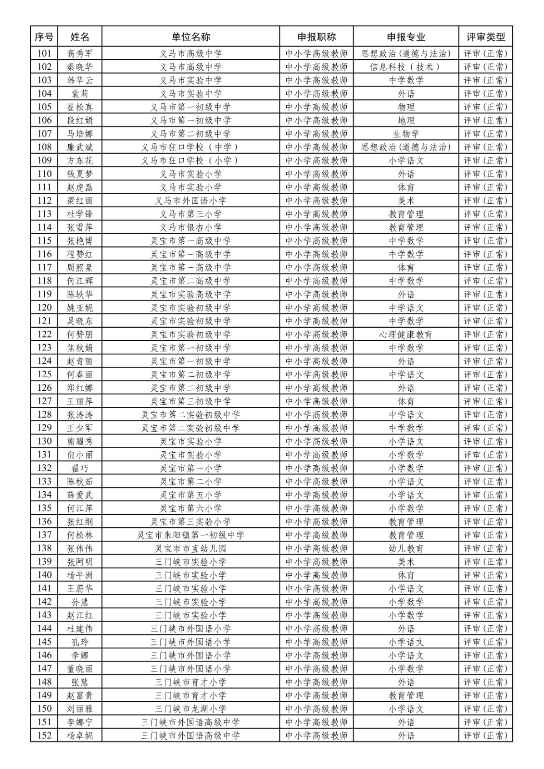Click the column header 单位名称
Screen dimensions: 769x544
point(190,37)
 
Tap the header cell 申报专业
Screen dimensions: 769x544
point(406,37)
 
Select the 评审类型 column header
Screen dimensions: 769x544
point(485,37)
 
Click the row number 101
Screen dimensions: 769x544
point(44,53)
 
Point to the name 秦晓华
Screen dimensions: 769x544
point(80,67)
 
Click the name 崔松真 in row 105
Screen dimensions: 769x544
point(80,107)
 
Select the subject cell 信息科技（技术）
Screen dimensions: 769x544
point(406,67)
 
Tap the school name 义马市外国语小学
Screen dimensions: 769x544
point(190,201)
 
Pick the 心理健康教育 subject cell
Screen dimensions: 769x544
point(406,335)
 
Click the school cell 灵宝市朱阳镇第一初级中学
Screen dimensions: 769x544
point(190,535)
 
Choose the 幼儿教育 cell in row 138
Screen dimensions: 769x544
point(406,548)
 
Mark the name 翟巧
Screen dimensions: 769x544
point(80,468)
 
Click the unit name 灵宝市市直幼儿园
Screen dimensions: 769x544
point(190,548)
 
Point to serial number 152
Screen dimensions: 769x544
point(44,735)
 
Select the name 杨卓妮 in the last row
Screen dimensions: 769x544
point(80,735)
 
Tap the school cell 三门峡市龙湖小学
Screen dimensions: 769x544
point(190,709)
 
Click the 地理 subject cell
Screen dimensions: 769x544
point(406,121)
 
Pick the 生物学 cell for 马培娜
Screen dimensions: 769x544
point(406,134)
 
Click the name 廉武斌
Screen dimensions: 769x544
point(80,147)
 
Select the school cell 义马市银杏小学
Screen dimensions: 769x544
point(190,227)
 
